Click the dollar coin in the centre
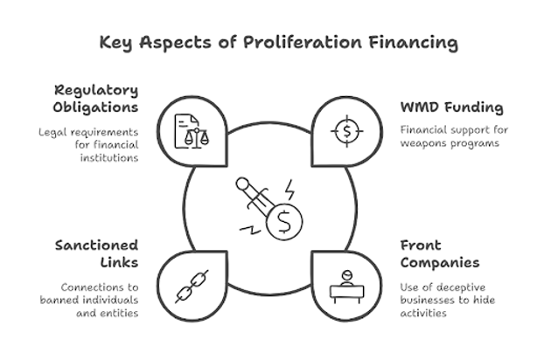(x=283, y=224)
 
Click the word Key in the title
(x=116, y=41)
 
